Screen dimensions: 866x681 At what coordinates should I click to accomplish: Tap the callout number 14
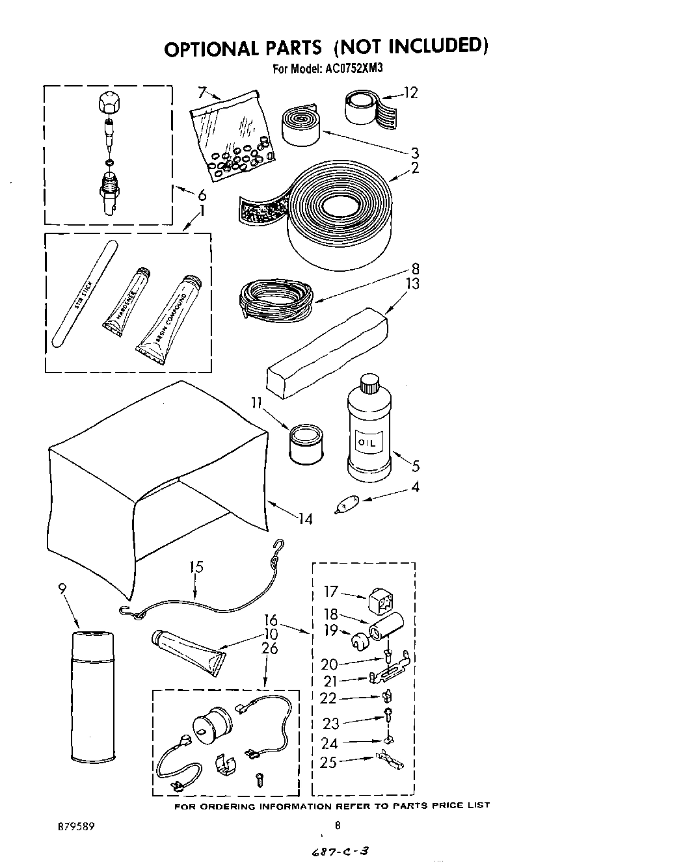(304, 519)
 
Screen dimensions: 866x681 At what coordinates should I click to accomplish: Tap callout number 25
(328, 762)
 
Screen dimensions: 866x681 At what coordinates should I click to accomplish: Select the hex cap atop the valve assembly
(108, 103)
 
